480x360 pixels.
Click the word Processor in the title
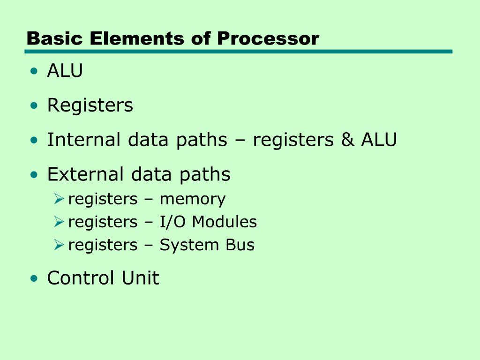(268, 38)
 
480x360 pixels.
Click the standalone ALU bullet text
(65, 71)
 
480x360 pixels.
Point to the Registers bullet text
(90, 105)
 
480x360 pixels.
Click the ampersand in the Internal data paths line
(348, 140)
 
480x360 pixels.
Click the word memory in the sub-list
(192, 199)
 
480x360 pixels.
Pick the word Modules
(225, 222)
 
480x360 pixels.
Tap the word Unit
(140, 278)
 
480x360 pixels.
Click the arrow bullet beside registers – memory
(58, 200)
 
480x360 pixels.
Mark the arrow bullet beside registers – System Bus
(58, 245)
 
